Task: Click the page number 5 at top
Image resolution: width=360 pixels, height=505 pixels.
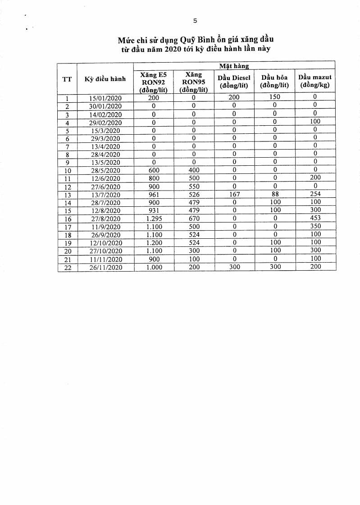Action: pyautogui.click(x=195, y=20)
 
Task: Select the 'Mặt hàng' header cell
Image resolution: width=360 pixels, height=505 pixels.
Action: pyautogui.click(x=234, y=66)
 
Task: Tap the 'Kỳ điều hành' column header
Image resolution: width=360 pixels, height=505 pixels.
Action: pyautogui.click(x=105, y=80)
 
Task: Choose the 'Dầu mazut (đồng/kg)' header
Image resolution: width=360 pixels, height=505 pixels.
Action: pyautogui.click(x=315, y=81)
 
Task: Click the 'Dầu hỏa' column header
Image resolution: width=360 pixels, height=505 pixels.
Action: pyautogui.click(x=274, y=81)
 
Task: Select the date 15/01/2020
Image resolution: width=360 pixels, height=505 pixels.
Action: pyautogui.click(x=105, y=98)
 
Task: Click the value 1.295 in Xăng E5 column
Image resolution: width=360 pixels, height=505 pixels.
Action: pyautogui.click(x=154, y=218)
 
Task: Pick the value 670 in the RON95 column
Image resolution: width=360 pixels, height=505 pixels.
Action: pyautogui.click(x=194, y=218)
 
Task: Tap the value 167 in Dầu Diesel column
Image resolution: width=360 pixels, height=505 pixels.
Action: pyautogui.click(x=234, y=195)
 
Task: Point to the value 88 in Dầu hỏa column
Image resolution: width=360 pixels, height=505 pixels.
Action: pyautogui.click(x=274, y=194)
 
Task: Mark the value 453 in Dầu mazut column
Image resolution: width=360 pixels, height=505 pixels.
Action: pyautogui.click(x=315, y=218)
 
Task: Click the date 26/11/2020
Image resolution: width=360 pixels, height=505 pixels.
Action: pyautogui.click(x=105, y=267)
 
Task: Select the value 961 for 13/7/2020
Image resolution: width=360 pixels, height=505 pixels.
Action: pyautogui.click(x=154, y=195)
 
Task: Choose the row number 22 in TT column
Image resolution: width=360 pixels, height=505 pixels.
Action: pyautogui.click(x=67, y=267)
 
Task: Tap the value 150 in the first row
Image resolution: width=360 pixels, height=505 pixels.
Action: pyautogui.click(x=274, y=97)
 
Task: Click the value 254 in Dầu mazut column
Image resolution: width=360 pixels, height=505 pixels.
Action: pyautogui.click(x=315, y=194)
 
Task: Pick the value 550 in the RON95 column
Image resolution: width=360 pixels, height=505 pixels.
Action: pyautogui.click(x=194, y=187)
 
